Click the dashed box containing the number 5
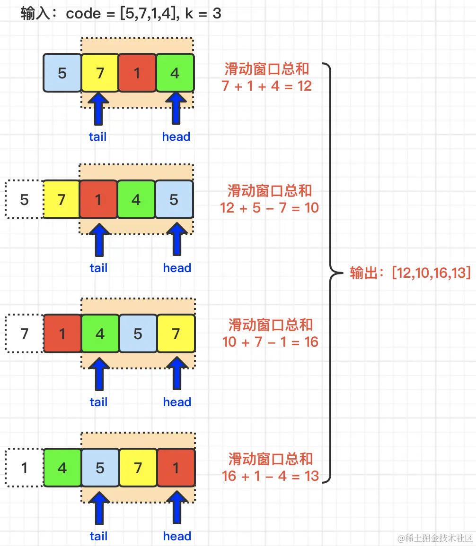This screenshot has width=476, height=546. click(x=24, y=200)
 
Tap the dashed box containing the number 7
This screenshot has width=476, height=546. click(x=24, y=334)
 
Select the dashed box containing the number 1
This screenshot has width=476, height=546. click(x=24, y=468)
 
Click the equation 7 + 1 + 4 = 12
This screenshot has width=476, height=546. click(x=266, y=86)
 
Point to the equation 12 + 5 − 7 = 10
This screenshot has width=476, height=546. click(x=270, y=207)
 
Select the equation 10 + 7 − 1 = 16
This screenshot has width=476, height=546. click(x=270, y=341)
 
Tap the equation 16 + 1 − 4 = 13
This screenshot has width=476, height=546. click(x=270, y=476)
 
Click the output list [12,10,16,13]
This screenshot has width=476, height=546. click(x=431, y=273)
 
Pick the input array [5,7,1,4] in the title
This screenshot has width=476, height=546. click(x=152, y=13)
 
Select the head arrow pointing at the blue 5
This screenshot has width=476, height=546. click(x=177, y=240)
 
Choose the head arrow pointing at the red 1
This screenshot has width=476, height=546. click(x=177, y=508)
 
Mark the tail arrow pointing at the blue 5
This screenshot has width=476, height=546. click(x=99, y=508)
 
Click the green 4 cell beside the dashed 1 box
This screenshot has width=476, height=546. click(x=62, y=468)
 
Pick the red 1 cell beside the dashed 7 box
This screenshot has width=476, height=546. click(x=62, y=334)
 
